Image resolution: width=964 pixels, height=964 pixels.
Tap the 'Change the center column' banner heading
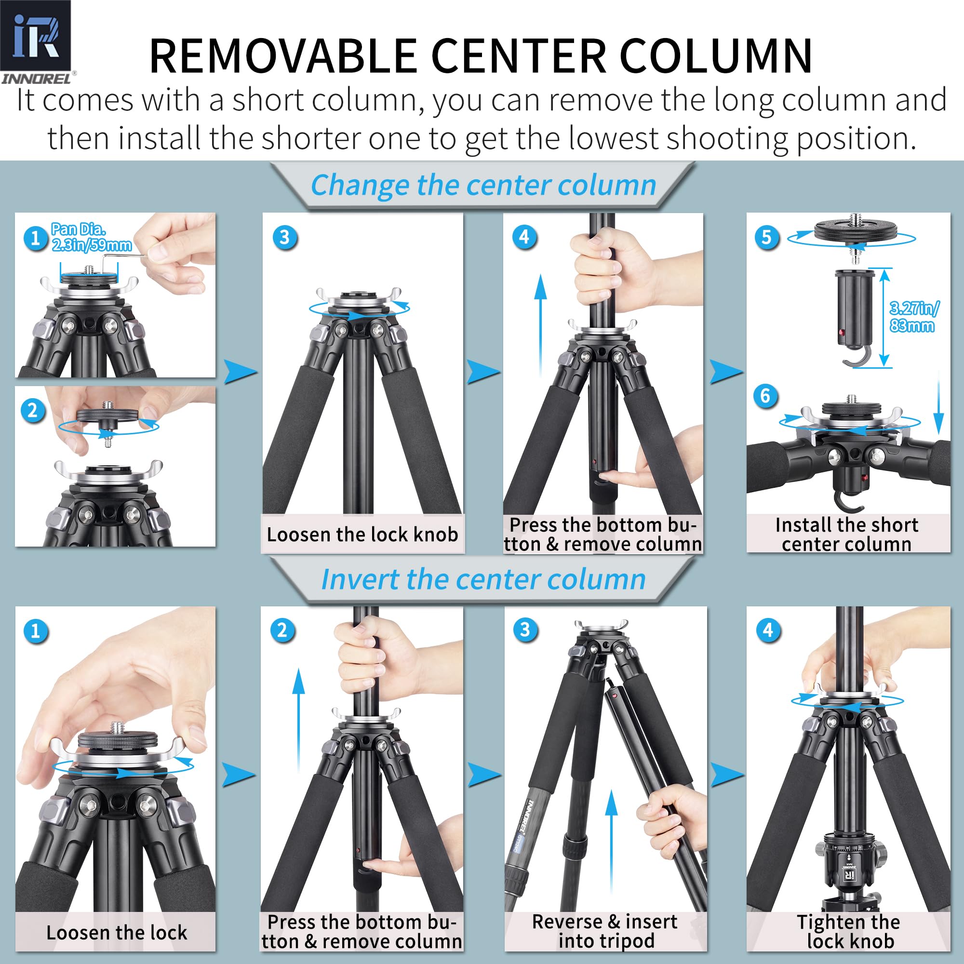[483, 185]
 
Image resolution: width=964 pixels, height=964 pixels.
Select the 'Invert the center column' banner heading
[483, 579]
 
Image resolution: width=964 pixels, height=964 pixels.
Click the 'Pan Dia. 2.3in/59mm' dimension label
[91, 237]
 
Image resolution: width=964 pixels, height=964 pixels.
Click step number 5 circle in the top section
[766, 238]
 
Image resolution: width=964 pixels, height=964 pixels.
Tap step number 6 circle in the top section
[765, 396]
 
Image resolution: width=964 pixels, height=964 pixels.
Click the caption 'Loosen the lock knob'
[362, 535]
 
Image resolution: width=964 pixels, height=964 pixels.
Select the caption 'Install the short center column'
[847, 535]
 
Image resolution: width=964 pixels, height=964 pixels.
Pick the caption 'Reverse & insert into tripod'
[605, 931]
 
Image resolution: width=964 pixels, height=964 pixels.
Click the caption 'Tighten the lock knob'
[849, 931]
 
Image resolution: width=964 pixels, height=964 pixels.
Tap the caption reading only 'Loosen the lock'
[116, 933]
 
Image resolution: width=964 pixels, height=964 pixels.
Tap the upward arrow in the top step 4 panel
[540, 324]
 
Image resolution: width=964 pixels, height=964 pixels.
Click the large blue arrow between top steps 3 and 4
[482, 372]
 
